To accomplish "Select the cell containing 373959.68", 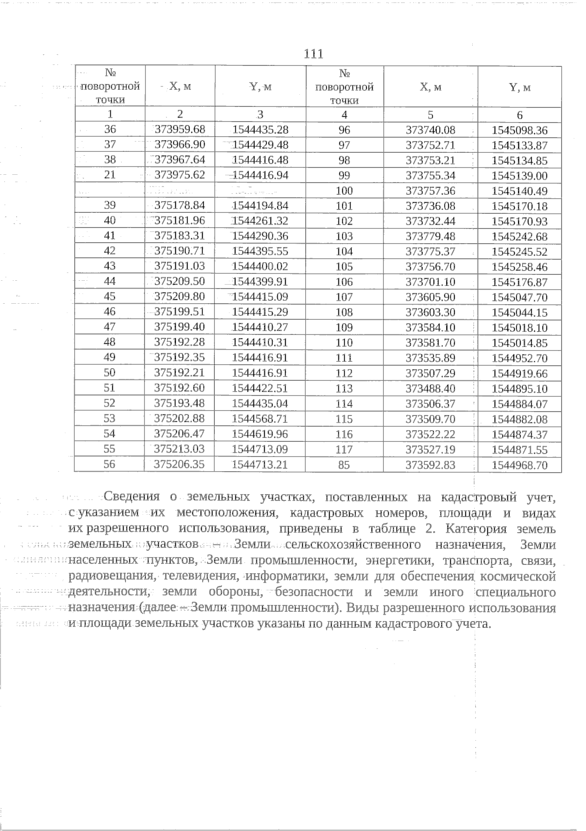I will [180, 130].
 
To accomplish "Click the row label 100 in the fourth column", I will [344, 191].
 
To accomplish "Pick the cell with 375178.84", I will [180, 206].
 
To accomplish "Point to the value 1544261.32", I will [260, 221].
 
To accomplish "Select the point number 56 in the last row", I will [110, 464].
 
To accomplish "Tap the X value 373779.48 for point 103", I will [430, 236].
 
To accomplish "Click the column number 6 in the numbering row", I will [520, 116].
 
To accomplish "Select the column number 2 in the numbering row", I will [180, 114].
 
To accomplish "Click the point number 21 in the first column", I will [110, 175].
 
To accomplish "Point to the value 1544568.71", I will [260, 419].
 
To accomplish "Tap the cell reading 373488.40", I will [430, 389].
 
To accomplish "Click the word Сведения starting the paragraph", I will [132, 497].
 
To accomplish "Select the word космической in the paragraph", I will [518, 577].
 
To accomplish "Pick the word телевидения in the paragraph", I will [201, 577].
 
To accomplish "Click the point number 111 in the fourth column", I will [344, 358].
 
